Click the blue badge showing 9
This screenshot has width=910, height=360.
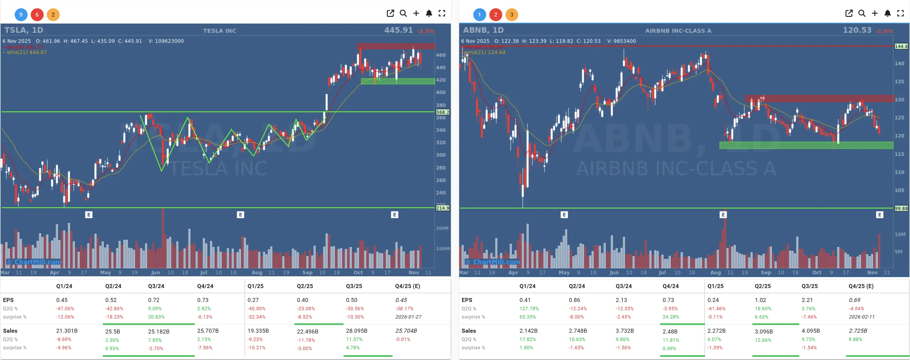[21, 14]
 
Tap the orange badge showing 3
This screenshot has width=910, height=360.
[512, 14]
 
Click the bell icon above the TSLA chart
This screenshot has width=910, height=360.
[429, 13]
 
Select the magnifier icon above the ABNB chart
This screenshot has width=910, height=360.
[862, 13]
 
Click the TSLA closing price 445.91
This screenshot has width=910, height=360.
[398, 30]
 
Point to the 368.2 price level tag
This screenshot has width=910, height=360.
[442, 112]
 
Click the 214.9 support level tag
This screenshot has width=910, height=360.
[442, 208]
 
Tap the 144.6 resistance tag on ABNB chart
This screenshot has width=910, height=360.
[901, 46]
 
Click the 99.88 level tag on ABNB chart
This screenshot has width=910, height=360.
[901, 208]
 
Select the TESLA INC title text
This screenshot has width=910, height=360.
[219, 31]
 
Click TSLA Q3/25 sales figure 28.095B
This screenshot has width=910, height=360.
[356, 331]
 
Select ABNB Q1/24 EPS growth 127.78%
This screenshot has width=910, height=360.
[529, 308]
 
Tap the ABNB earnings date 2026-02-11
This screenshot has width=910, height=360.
[861, 317]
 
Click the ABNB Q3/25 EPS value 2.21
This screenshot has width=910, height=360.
[807, 300]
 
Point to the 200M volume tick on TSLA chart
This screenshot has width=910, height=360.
[442, 228]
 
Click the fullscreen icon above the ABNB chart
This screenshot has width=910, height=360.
[900, 13]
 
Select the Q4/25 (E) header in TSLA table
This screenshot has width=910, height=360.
[407, 286]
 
